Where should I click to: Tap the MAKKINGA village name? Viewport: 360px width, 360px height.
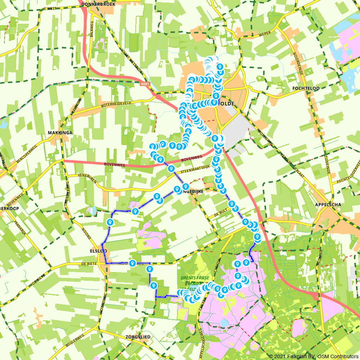point(60,132)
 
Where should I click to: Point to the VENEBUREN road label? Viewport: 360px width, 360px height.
point(87,178)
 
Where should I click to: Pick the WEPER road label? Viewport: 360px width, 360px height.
point(264,35)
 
